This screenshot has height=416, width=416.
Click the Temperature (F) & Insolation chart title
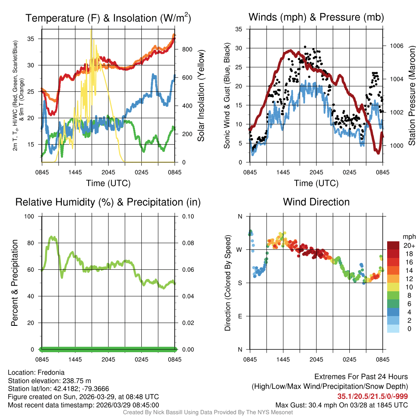[108, 18]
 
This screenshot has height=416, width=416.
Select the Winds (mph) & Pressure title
[316, 17]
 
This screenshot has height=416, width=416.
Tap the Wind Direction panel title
[316, 202]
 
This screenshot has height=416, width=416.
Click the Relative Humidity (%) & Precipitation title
[108, 202]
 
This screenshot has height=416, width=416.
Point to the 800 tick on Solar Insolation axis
[187, 49]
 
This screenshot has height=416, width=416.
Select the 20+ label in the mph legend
[409, 245]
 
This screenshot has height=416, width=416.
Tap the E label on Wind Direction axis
[240, 316]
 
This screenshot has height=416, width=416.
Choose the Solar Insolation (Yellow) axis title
[201, 95]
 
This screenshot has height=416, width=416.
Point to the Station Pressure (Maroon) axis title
[411, 95]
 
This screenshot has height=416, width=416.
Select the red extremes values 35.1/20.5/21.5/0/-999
[373, 396]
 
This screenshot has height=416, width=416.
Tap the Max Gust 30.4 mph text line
[341, 405]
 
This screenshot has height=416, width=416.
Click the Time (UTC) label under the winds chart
[316, 183]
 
